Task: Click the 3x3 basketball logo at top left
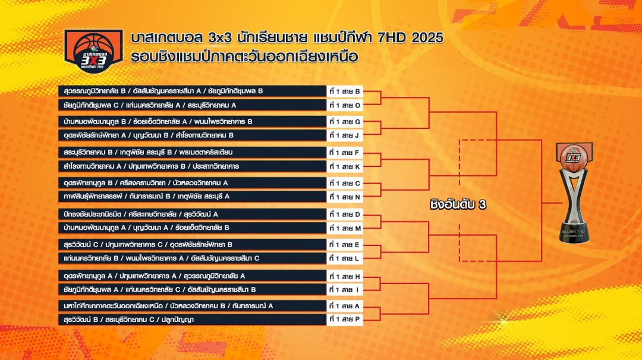[x=94, y=50]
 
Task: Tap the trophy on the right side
[x=574, y=192]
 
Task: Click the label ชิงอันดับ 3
[x=458, y=204]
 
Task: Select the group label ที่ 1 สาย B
[x=345, y=91]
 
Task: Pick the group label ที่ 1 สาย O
[x=345, y=105]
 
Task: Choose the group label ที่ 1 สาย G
[x=345, y=122]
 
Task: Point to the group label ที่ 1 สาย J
[x=344, y=135]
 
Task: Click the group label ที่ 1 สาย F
[x=344, y=153]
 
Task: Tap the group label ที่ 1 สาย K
[x=344, y=166]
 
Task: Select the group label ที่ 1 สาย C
[x=345, y=184]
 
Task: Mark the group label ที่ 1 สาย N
[x=345, y=197]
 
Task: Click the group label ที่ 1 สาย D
[x=345, y=214]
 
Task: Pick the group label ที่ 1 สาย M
[x=345, y=228]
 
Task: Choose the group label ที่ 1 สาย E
[x=344, y=245]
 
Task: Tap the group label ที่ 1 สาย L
[x=344, y=258]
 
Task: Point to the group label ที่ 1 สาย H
[x=345, y=276]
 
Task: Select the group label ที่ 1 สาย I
[x=344, y=290]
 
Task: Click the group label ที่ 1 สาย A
[x=344, y=306]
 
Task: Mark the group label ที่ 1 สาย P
[x=344, y=319]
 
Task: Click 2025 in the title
[x=427, y=37]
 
